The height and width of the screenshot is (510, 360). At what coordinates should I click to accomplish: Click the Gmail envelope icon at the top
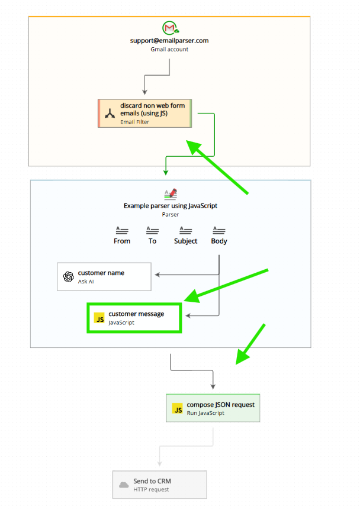tap(170, 28)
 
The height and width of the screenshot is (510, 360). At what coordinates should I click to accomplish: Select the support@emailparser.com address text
tap(169, 41)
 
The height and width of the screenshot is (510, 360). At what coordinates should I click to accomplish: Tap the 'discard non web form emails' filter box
tap(145, 113)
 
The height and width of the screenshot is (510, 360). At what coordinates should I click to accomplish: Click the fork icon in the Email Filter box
tap(110, 113)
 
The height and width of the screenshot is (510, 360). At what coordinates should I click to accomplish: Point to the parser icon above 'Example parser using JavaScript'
tap(171, 193)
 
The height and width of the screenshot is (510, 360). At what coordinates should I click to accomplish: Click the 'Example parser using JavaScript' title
tap(171, 206)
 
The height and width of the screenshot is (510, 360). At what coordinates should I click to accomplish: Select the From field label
tap(122, 241)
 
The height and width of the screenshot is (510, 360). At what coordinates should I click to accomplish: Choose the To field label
tap(152, 241)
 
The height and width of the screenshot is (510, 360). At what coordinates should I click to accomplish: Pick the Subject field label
tap(185, 241)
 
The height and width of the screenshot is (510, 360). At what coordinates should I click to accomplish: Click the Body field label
tap(219, 241)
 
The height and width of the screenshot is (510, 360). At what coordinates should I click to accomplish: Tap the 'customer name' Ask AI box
tap(104, 276)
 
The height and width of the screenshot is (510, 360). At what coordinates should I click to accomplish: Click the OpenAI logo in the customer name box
tap(68, 276)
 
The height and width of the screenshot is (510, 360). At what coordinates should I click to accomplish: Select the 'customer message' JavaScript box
tap(134, 318)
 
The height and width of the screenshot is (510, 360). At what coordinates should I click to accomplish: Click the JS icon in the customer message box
tap(99, 318)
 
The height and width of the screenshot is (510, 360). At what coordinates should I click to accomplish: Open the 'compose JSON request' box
tap(213, 408)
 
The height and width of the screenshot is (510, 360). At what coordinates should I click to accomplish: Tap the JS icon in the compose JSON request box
tap(177, 409)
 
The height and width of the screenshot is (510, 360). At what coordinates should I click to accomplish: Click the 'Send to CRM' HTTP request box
tap(160, 485)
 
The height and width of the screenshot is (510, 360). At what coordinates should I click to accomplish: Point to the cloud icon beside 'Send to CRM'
tap(124, 485)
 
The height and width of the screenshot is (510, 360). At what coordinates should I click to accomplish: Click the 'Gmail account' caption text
tap(169, 50)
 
